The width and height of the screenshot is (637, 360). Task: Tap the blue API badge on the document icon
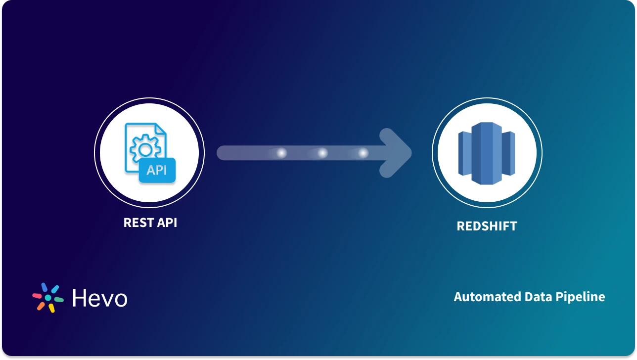pos(157,171)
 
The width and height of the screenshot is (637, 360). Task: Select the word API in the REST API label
pos(167,223)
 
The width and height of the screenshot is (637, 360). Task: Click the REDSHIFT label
pos(487,226)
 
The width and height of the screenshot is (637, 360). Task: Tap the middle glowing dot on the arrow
pos(322,153)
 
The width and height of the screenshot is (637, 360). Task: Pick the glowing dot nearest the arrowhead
pos(363,153)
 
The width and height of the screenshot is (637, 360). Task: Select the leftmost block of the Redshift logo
pos(464,154)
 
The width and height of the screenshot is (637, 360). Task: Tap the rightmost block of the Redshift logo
pos(509,153)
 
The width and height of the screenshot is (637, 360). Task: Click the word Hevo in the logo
pos(99,298)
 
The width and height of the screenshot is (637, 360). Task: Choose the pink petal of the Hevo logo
pos(37,296)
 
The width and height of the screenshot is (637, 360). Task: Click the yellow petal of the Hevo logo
pos(51,308)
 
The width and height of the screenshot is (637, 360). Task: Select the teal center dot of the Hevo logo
pos(48,298)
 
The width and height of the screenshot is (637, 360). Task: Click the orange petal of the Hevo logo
pos(41,306)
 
